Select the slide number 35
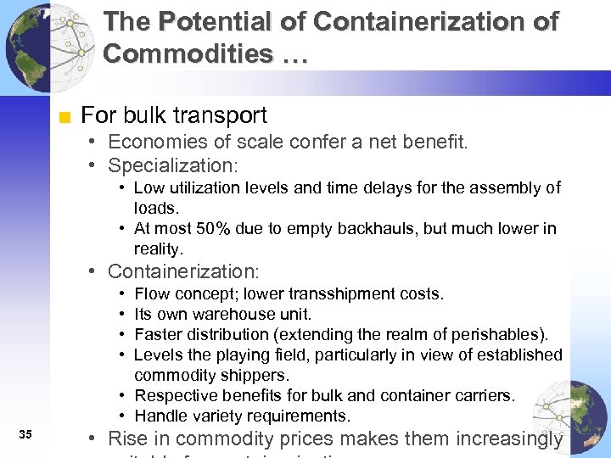pyautogui.click(x=25, y=435)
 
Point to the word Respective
pyautogui.click(x=171, y=395)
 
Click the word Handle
pyautogui.click(x=159, y=416)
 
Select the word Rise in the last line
pyautogui.click(x=127, y=438)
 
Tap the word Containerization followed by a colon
pyautogui.click(x=182, y=271)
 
